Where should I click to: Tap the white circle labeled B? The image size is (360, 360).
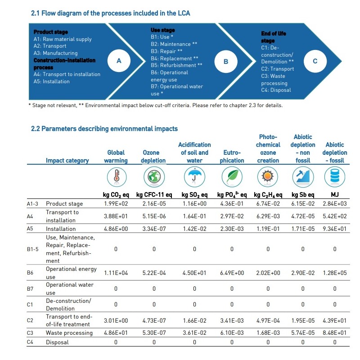(x=226, y=61)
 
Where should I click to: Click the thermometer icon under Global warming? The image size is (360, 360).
(x=116, y=176)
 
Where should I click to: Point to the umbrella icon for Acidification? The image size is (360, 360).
(x=194, y=176)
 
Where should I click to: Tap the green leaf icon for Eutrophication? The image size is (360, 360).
(x=232, y=176)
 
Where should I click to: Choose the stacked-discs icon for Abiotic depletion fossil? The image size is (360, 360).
(x=334, y=176)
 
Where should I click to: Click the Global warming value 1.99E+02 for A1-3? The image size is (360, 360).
(x=116, y=204)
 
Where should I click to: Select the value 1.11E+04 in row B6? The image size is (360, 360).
(x=116, y=273)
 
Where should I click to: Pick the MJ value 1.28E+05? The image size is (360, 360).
(x=334, y=273)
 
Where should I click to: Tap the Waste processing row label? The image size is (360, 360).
(x=69, y=333)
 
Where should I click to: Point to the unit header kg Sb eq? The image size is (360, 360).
(x=303, y=195)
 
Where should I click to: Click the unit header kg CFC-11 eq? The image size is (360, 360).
(x=153, y=195)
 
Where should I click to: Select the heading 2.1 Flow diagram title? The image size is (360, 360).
(x=110, y=13)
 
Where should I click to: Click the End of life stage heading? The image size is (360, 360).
(x=274, y=37)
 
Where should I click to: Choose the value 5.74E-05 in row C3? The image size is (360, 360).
(x=303, y=333)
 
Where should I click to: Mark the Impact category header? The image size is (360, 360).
(x=67, y=160)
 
